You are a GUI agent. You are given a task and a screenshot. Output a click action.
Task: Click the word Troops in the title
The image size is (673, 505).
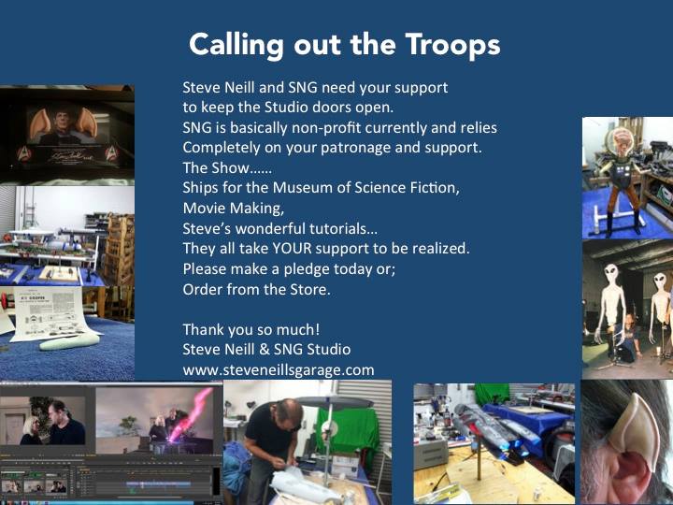(452, 45)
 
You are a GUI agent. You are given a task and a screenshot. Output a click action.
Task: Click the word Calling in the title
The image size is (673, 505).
(236, 45)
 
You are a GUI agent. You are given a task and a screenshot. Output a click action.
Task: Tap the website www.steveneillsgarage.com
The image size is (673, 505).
(279, 370)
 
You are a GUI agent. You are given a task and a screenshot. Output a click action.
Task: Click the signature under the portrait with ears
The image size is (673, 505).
(70, 155)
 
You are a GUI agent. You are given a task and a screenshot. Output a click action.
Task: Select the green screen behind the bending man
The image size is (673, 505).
(346, 434)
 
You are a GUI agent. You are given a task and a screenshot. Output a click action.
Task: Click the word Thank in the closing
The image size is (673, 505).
(203, 330)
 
